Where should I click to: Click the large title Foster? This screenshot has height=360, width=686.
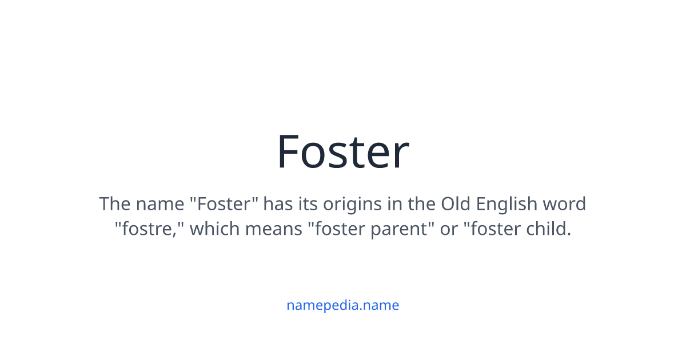pyautogui.click(x=342, y=152)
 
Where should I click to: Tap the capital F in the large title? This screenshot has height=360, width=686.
pyautogui.click(x=289, y=152)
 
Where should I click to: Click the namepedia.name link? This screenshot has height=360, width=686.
pyautogui.click(x=342, y=305)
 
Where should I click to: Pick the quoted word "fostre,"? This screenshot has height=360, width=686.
pyautogui.click(x=149, y=229)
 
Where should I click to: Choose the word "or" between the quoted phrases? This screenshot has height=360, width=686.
pyautogui.click(x=449, y=229)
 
